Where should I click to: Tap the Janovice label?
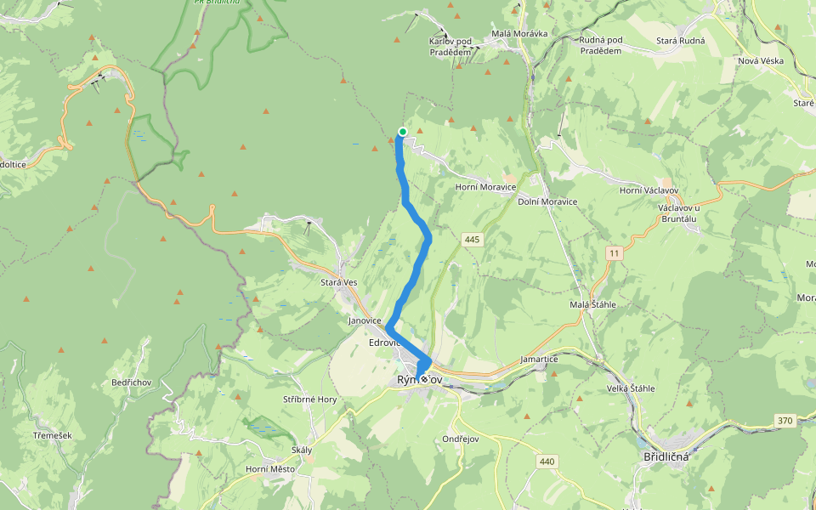coord(366,321)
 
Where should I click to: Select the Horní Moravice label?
coord(486,187)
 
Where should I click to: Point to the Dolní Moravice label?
coord(547,201)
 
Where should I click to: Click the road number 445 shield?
coord(473,240)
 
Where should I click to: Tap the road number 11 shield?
coord(615,253)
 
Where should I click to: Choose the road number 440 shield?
coord(547,462)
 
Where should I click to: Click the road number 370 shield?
coord(785,421)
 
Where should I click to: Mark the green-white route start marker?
coord(403,131)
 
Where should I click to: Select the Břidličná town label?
coord(662,456)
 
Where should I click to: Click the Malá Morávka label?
coord(519,34)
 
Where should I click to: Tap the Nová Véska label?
coord(760,61)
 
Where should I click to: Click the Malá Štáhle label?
coord(592,304)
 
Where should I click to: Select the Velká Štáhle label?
coord(630,388)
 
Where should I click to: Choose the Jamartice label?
coord(539,360)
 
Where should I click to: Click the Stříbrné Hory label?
coord(309,399)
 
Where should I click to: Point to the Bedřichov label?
coord(131,382)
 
